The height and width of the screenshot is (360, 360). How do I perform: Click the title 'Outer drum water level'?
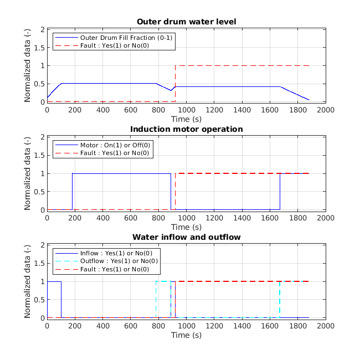(186, 22)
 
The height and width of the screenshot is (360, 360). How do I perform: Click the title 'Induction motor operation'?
(186, 130)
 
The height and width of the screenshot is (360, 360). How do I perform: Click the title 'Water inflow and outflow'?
(186, 238)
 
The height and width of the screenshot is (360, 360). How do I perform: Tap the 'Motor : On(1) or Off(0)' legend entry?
(115, 145)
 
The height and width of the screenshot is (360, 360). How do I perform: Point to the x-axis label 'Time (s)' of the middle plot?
(186, 227)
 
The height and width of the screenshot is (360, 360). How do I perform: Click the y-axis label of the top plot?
(27, 65)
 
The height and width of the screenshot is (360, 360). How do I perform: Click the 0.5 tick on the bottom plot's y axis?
(40, 299)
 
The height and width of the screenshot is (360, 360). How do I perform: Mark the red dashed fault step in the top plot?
(176, 83)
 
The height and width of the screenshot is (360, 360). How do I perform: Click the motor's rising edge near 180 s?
(72, 191)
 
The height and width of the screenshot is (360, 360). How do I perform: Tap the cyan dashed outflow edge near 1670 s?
(279, 299)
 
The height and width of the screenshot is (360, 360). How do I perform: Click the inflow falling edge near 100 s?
(61, 299)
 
